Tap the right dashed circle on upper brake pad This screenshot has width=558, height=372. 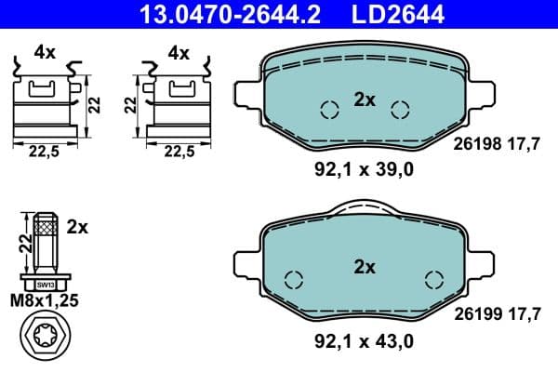pos(400,110)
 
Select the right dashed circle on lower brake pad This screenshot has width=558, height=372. pos(433,279)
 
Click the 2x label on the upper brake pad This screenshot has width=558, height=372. pos(365,100)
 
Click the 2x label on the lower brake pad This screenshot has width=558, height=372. pos(365,267)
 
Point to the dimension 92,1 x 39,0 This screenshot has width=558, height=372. pos(363,169)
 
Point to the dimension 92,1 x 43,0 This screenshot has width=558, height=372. pos(363,342)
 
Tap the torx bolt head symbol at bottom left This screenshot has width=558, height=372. pos(44,338)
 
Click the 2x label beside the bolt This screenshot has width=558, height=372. pos(78,226)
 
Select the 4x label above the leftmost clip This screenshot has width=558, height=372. pos(45,53)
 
